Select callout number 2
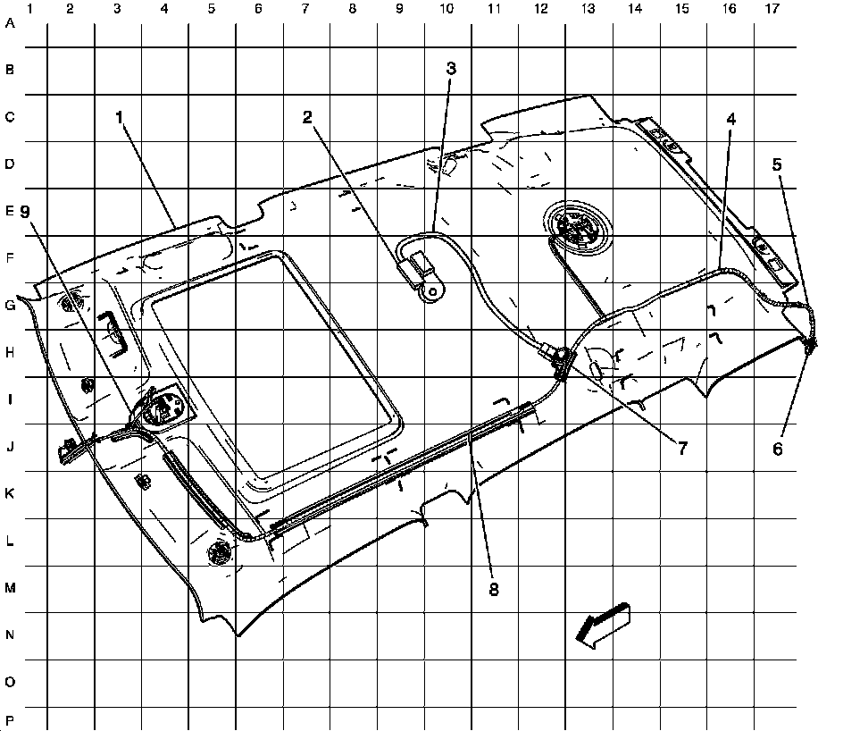point(306,117)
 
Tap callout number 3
point(451,68)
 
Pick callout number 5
point(777,164)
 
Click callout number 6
point(777,449)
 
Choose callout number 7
point(681,449)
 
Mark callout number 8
point(493,589)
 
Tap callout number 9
point(25,212)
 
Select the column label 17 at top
point(773,9)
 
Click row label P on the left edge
point(10,720)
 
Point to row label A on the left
point(10,24)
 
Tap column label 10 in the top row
point(446,9)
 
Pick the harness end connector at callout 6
point(811,342)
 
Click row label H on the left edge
point(10,353)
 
